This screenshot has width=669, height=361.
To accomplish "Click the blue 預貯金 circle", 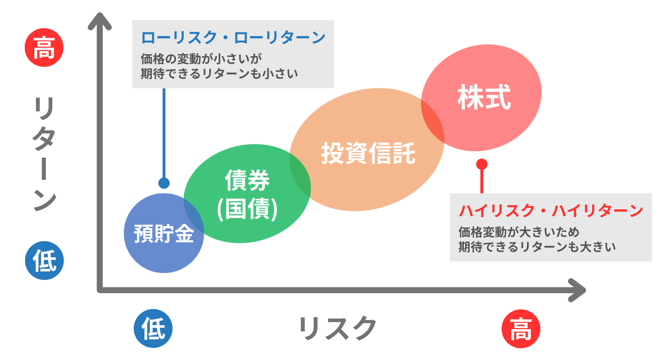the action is pos(164,233).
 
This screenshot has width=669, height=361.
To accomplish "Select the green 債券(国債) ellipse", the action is pos(247,193).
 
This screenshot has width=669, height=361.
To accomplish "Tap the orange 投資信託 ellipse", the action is pos(367,150).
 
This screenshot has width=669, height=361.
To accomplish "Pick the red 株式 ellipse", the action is pos(481,98).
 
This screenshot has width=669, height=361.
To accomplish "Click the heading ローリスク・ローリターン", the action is pos(233,37).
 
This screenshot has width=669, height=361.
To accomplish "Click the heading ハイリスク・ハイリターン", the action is pos(551,211).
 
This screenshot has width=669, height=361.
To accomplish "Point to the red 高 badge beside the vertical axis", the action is pos(44,47).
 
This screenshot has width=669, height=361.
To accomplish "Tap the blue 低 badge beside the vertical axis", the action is pos(44,261).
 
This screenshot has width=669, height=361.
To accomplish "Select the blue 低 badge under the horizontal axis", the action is pos(153,328).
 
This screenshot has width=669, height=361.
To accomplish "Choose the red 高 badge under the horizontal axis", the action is pos(521,329).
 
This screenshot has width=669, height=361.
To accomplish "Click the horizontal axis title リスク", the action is pos(337,328).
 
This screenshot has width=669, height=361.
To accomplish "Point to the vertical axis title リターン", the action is pos(44,154).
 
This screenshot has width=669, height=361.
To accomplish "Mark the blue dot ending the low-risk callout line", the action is pos(164,183).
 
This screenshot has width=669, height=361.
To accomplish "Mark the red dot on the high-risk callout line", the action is pos(482,164).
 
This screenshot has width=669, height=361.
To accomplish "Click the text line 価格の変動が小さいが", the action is pos(201,59).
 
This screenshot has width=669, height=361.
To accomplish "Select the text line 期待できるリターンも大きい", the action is pos(537,247).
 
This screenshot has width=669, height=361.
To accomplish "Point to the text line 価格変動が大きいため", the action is pos(519,232).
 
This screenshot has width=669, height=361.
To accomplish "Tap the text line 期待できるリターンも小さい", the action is pos(219,74).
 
